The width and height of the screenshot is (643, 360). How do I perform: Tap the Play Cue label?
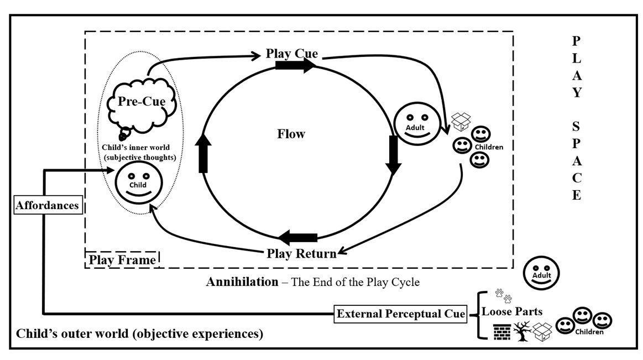(x=291, y=54)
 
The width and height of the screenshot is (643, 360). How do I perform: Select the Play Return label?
(x=301, y=254)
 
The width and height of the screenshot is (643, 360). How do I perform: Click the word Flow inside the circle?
(x=291, y=134)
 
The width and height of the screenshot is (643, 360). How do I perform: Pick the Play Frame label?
(x=122, y=259)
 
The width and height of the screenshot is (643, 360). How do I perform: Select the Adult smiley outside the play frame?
(x=541, y=273)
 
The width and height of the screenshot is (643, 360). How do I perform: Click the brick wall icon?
(x=501, y=331)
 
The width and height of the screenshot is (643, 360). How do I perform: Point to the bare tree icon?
(x=522, y=331)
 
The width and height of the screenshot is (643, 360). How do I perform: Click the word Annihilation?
(x=242, y=282)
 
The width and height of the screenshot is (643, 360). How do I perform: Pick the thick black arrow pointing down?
(x=394, y=153)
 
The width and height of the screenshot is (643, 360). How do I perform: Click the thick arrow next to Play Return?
(x=298, y=238)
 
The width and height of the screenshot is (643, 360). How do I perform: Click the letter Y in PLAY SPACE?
(x=577, y=92)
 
